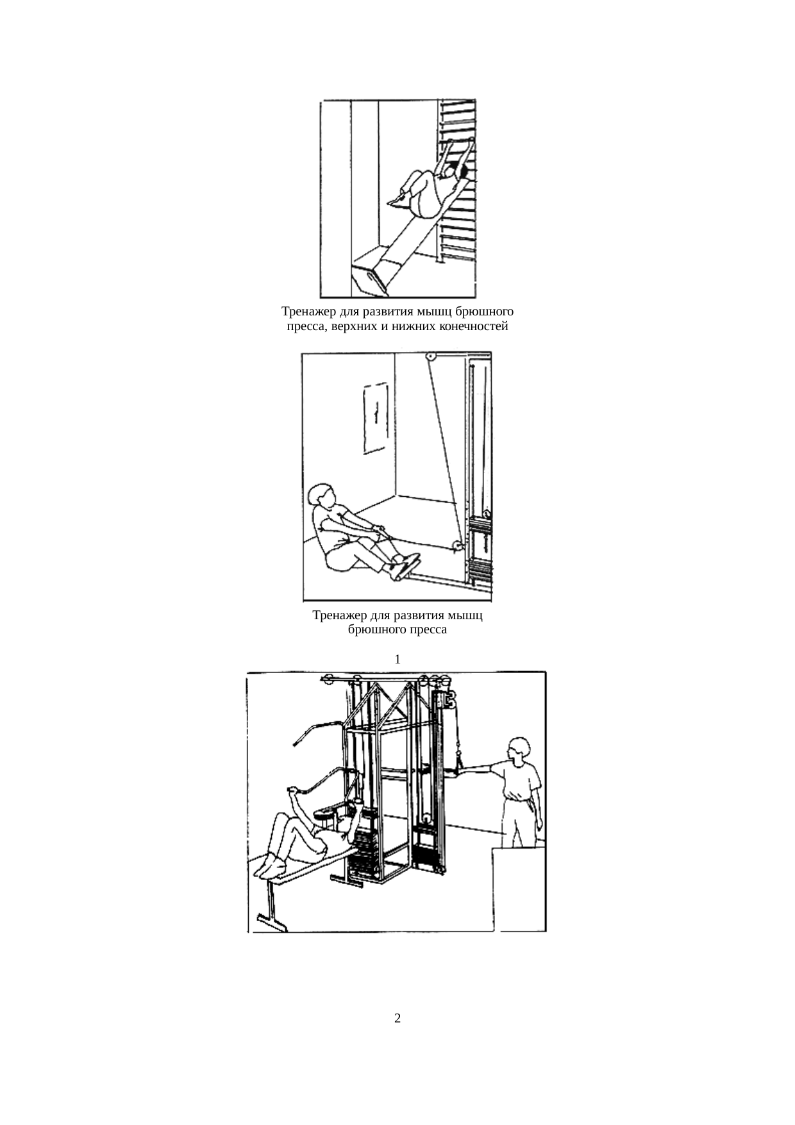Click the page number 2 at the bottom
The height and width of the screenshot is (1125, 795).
tap(397, 1018)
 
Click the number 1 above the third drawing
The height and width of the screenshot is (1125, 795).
tap(398, 659)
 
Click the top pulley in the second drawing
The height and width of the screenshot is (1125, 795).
tap(431, 357)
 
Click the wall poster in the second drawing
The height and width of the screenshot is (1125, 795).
tap(376, 418)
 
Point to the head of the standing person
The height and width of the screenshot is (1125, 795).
tap(519, 749)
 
